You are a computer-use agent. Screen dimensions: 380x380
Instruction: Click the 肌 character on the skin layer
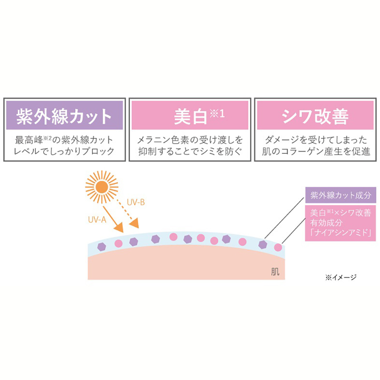point(275,272)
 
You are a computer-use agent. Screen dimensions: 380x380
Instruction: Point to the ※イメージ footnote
point(341,277)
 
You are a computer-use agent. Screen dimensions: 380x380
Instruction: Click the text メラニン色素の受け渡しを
point(189,140)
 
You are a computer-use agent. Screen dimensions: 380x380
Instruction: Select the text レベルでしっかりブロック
point(64,151)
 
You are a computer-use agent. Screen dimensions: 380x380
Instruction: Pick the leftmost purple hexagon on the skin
point(101,246)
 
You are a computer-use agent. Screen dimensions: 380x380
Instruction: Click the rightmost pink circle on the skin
point(278,247)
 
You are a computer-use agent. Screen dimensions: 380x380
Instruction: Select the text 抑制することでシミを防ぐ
point(189,151)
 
